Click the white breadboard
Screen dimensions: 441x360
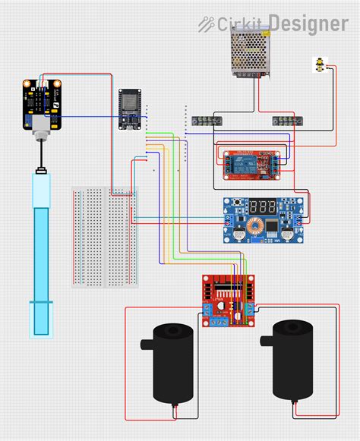(x=106, y=236)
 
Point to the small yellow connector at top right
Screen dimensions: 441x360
(x=322, y=65)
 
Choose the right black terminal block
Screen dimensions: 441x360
(x=285, y=121)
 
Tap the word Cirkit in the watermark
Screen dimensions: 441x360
(x=239, y=24)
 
